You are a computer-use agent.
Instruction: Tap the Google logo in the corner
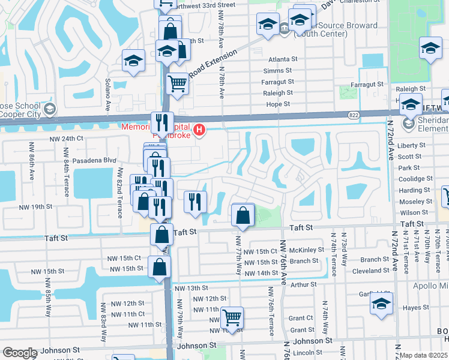[x=20, y=353]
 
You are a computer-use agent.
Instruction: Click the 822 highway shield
[x=354, y=113]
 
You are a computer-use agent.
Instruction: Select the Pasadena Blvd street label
[x=93, y=161]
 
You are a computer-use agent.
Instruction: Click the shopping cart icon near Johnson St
[x=232, y=316]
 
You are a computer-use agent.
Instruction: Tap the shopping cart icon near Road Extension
[x=177, y=83]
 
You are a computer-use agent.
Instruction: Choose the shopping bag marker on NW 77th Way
[x=243, y=216]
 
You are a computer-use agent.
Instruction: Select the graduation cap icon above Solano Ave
[x=133, y=60]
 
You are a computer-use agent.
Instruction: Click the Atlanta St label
[x=283, y=59]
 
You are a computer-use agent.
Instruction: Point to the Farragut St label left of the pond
[x=278, y=82]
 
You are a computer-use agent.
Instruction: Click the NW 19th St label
[x=42, y=206]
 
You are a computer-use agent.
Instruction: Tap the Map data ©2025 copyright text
[x=424, y=355]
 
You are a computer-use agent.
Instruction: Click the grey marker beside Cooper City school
[x=50, y=109]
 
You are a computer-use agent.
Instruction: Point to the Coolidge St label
[x=415, y=179]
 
